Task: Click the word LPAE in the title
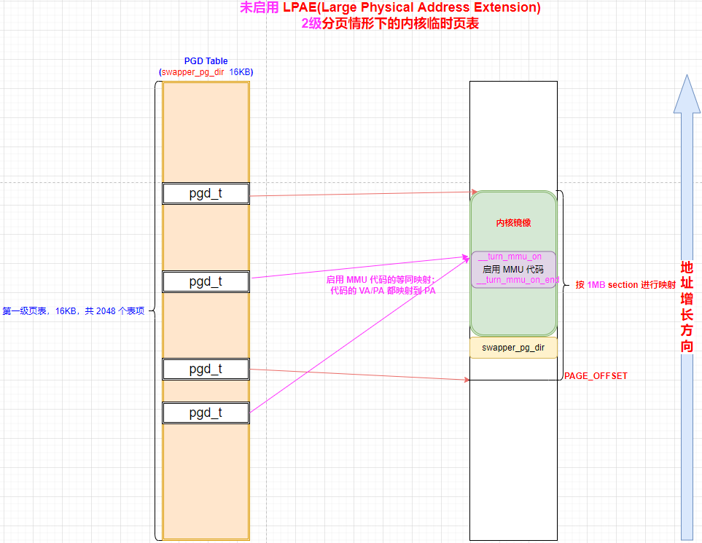[x=299, y=8]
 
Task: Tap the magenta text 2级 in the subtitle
[x=311, y=23]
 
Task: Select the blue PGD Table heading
[x=206, y=61]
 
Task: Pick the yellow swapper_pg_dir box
[x=513, y=348]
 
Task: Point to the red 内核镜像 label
[x=513, y=223]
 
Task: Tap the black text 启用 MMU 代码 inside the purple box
[x=513, y=269]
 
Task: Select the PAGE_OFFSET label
[x=596, y=376]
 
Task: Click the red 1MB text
[x=596, y=285]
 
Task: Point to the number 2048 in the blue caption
[x=106, y=311]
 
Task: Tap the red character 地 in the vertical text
[x=686, y=267]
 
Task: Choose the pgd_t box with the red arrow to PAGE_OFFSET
[x=206, y=370]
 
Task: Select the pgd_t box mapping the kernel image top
[x=206, y=194]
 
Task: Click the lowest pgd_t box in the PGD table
[x=206, y=413]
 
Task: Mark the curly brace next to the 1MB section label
[x=562, y=285]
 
